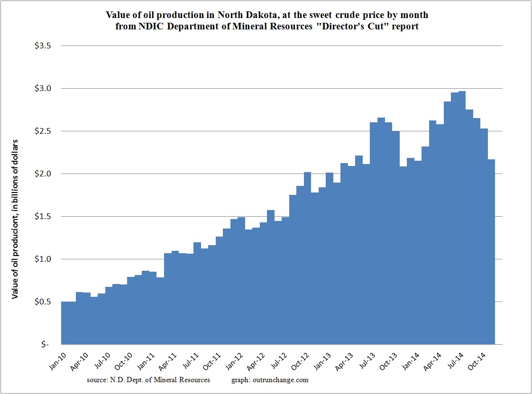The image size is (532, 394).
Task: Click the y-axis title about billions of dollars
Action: click(15, 219)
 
